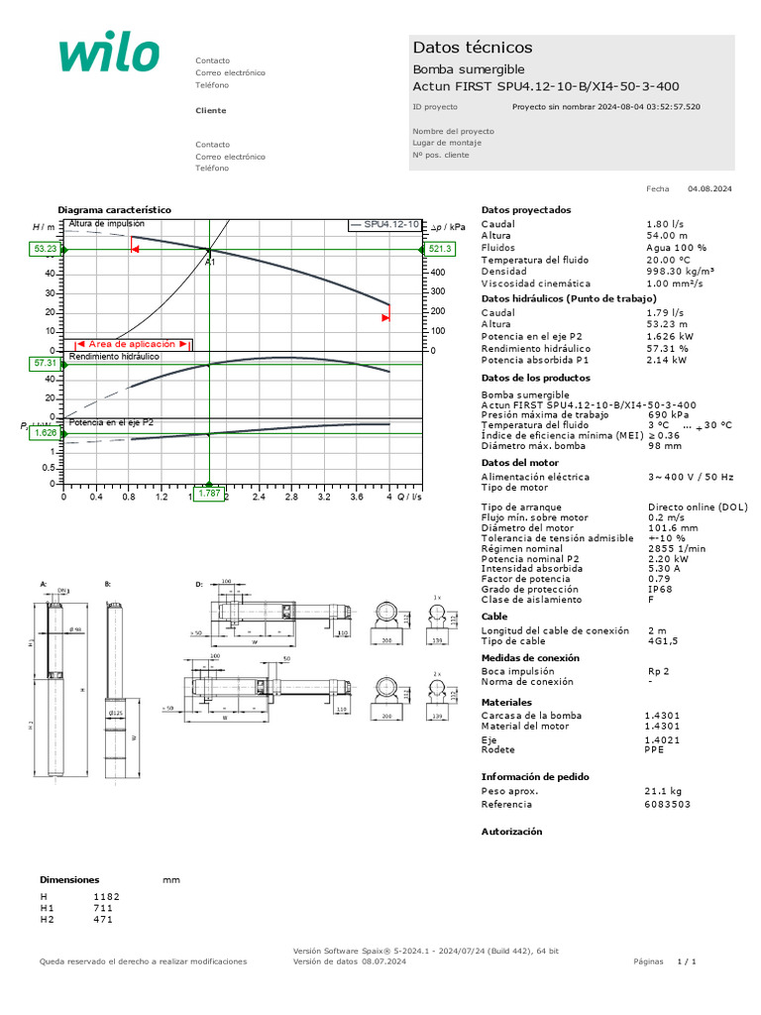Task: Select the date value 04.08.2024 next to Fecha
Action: click(x=709, y=188)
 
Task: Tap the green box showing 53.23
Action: click(x=46, y=249)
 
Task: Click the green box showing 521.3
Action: click(x=440, y=249)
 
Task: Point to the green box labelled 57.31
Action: click(x=46, y=364)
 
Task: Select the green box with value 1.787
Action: click(x=209, y=493)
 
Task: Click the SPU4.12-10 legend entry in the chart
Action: click(x=384, y=226)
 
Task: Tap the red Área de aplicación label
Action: click(x=132, y=343)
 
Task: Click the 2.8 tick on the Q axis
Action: click(x=291, y=498)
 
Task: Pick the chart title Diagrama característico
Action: click(x=114, y=210)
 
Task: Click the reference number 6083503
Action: click(x=668, y=805)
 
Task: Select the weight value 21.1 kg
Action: click(x=663, y=791)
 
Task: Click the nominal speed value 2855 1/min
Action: click(x=676, y=548)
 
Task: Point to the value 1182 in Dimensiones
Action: click(x=106, y=896)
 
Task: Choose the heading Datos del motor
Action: click(x=520, y=462)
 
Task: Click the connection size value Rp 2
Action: click(x=659, y=670)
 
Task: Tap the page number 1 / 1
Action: click(x=687, y=962)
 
